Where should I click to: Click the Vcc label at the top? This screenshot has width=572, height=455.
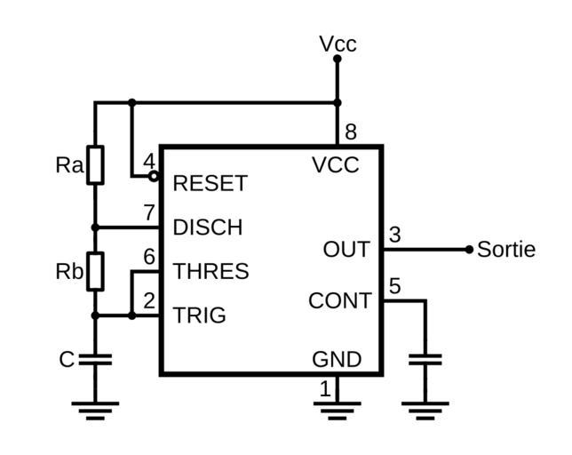click(x=338, y=44)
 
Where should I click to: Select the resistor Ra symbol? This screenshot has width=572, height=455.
click(x=95, y=164)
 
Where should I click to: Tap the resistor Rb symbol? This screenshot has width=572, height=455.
click(x=95, y=272)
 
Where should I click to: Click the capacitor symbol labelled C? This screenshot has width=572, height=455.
click(x=95, y=360)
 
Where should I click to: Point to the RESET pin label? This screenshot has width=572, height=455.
click(x=210, y=183)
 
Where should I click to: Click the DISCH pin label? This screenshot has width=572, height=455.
click(x=207, y=227)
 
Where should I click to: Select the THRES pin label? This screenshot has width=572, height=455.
click(x=211, y=271)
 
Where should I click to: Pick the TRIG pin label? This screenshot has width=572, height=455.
click(x=199, y=315)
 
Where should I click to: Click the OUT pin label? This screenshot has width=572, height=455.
click(x=346, y=250)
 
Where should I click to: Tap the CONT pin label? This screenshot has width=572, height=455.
click(x=339, y=301)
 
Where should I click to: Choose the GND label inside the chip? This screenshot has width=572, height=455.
click(x=337, y=359)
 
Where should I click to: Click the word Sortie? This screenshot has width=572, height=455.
click(x=506, y=250)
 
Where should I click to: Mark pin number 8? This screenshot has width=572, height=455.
click(x=351, y=132)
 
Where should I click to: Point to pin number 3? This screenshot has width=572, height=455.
click(x=395, y=235)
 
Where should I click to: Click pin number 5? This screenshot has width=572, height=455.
click(x=395, y=286)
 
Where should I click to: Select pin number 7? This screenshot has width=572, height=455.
click(x=149, y=213)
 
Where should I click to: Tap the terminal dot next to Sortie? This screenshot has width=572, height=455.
click(x=469, y=250)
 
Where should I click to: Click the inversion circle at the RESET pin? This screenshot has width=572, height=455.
click(x=155, y=176)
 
